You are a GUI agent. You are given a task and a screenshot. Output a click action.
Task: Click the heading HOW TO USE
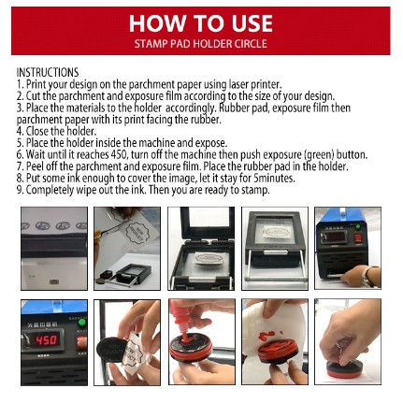pos(201,23)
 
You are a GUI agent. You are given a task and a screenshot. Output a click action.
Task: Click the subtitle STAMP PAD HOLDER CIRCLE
pos(201,44)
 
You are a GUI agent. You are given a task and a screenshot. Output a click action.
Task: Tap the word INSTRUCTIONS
pos(48,72)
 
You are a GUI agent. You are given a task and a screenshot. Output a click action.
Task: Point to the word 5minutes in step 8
pos(274,178)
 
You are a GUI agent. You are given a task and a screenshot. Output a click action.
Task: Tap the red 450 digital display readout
pos(46,340)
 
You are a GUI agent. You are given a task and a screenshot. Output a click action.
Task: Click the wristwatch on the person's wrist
pos(367,275)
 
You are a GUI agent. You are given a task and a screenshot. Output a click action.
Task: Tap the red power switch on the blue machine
pos(358,238)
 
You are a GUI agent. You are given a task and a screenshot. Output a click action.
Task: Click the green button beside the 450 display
pos(82,323)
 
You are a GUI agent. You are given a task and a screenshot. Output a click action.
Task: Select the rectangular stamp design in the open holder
pos(208,259)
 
